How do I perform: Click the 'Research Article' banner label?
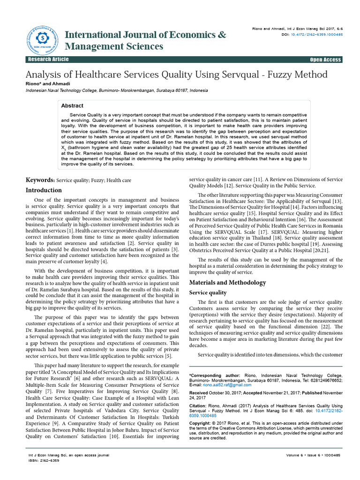pyautogui.click(x=48, y=60)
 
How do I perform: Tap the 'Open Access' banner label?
pyautogui.click(x=325, y=60)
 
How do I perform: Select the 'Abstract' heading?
pyautogui.click(x=72, y=106)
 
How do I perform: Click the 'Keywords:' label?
pyautogui.click(x=39, y=180)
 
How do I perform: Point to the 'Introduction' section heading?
pyautogui.click(x=44, y=190)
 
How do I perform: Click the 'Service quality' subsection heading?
pyautogui.click(x=208, y=292)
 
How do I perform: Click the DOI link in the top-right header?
pyautogui.click(x=316, y=35)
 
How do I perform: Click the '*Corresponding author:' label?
pyautogui.click(x=215, y=375)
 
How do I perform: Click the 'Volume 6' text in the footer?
pyautogui.click(x=297, y=455)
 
